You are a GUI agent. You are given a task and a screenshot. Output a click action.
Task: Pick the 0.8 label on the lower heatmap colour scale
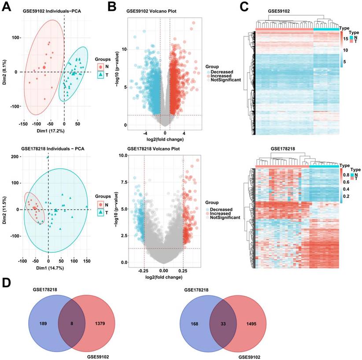pos(347,174)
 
